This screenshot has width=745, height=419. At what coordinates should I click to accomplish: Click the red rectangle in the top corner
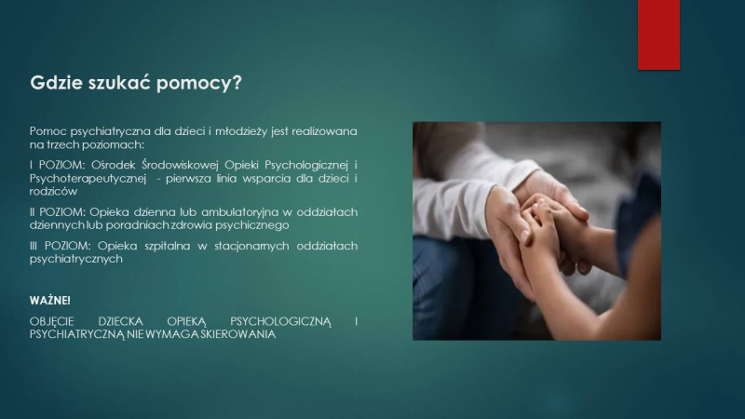click(658, 34)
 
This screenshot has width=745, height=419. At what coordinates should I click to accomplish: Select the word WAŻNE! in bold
click(50, 300)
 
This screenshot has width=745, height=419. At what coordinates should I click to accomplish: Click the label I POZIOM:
click(57, 165)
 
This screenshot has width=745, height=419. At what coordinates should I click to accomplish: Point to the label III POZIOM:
click(60, 246)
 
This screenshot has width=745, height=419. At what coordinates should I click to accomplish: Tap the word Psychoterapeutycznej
click(88, 179)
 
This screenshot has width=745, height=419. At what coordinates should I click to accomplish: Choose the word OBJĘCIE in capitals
click(52, 321)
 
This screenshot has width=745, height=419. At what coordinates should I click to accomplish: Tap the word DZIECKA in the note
click(120, 321)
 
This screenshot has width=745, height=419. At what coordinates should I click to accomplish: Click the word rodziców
click(53, 192)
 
